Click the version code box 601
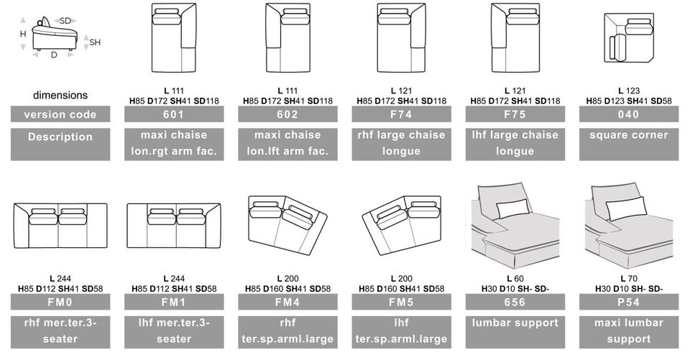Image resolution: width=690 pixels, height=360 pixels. [x=174, y=114]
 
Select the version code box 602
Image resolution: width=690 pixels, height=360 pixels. [x=287, y=114]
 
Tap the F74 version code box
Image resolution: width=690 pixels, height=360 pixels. [x=401, y=114]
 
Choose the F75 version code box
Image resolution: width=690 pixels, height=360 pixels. [x=515, y=114]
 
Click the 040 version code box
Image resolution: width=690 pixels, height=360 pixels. [x=629, y=114]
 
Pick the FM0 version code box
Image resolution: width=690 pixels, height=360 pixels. [x=60, y=303]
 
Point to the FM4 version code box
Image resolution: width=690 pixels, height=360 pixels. [x=287, y=303]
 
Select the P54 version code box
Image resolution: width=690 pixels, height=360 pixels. [x=629, y=303]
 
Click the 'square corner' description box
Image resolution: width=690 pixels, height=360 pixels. [x=629, y=144]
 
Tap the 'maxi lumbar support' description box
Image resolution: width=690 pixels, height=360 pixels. [x=629, y=332]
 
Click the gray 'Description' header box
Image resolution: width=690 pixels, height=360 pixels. [x=60, y=144]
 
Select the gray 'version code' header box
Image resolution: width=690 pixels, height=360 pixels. [x=60, y=114]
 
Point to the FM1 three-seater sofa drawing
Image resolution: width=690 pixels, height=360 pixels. [x=174, y=226]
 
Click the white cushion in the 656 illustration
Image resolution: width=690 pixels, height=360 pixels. [x=512, y=208]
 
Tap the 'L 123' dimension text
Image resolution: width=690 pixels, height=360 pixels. [x=629, y=91]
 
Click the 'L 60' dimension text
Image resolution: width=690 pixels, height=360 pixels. [x=515, y=279]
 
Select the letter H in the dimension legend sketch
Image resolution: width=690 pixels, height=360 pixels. [x=23, y=34]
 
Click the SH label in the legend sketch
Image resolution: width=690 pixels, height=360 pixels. [x=95, y=42]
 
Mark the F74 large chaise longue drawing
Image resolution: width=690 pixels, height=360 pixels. [x=401, y=38]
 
